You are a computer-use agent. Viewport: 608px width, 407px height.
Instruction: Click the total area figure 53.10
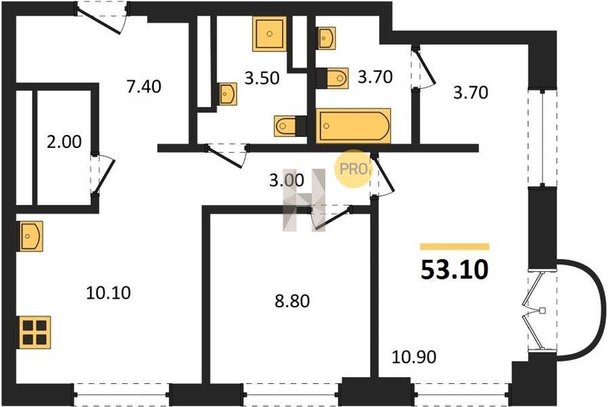pos(454,269)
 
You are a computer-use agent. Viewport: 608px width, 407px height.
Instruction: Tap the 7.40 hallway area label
pos(144,86)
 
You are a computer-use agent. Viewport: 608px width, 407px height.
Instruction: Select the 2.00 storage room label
pos(64,142)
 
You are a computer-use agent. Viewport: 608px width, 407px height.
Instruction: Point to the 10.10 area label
pos(108,292)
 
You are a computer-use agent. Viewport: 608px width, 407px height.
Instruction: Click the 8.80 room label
pos(292,301)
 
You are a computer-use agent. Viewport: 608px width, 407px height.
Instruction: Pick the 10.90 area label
pos(413,357)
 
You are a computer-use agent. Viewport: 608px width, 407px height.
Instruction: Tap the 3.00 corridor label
pos(287,180)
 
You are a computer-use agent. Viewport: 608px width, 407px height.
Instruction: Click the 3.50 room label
pos(262,78)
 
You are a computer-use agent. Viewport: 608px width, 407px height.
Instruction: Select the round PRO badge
pos(353,169)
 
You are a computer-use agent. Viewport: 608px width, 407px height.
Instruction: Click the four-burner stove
pos(34,332)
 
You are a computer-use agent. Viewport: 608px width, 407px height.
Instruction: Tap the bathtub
pos(353,125)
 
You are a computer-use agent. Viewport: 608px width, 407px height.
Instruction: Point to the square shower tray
pos(269,34)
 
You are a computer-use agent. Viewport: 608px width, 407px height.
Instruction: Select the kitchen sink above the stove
pos(31,236)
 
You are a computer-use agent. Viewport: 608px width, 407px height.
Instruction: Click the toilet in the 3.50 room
pos(290,125)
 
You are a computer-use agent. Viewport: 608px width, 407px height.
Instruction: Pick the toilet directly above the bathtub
pos(332,78)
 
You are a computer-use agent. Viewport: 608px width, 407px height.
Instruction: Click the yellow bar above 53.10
pos(455,246)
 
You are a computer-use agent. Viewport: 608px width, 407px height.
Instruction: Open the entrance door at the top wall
pos(102,18)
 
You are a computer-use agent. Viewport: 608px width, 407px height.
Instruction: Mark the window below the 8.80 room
pos(292,394)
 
